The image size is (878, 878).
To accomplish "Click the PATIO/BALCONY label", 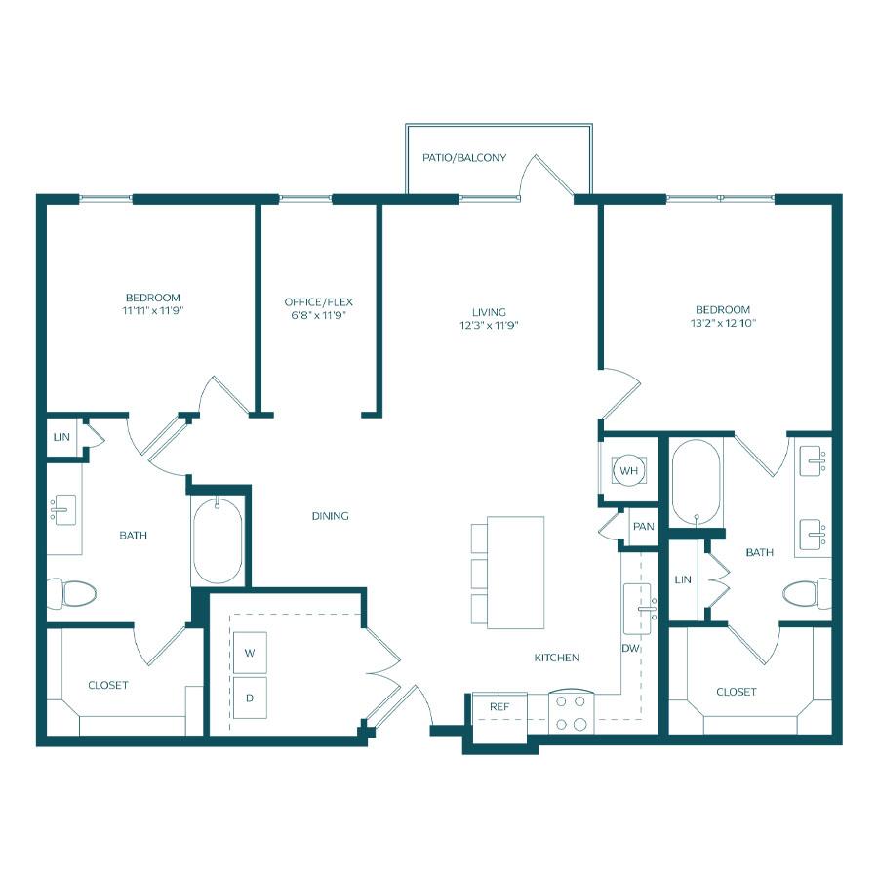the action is pos(464,158).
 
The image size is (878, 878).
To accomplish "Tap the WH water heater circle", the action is pos(629,471).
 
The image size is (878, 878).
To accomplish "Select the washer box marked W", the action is pos(250,653).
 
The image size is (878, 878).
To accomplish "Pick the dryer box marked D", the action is pos(250,698).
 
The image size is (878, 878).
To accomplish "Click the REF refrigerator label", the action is pos(499,707).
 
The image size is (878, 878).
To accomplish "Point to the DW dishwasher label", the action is pos(630,649).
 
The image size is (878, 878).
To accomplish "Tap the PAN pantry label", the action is pos(644,527).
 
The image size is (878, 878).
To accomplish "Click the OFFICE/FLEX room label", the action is pos(319,302).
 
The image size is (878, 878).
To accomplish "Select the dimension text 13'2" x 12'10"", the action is pos(723,323).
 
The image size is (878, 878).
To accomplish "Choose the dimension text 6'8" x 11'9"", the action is pos(319,315).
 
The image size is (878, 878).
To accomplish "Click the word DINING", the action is pos(331,516).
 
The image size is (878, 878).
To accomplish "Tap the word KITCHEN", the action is pos(557,658).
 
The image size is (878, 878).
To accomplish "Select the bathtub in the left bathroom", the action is pos(218,540).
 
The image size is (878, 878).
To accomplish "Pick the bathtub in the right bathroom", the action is pos(696,483).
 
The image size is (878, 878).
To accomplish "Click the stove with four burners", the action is pos(571,712).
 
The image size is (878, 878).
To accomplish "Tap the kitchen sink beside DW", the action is pos(639,609).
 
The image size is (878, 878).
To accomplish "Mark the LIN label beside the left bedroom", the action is pos(61,437).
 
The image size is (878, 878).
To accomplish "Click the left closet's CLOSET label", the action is pos(108,686).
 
